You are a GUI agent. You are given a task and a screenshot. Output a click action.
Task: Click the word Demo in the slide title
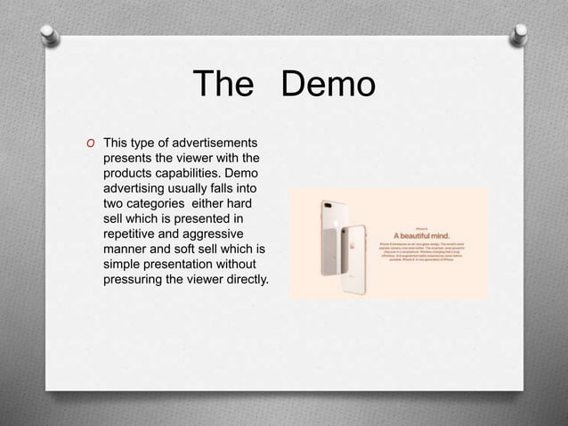click(329, 86)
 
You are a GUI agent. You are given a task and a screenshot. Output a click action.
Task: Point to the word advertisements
click(214, 143)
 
